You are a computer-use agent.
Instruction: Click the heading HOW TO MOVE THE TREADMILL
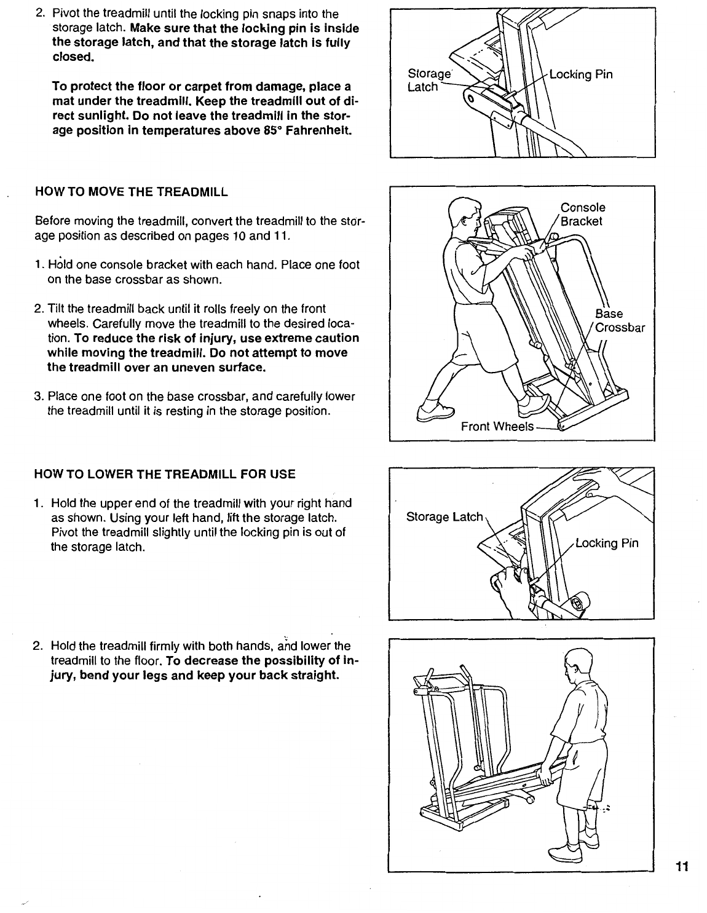pos(132,192)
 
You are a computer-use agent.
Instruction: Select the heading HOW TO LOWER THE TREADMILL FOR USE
pos(166,474)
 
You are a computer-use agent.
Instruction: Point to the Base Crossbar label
pos(618,320)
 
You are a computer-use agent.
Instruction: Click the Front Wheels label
pos(497,426)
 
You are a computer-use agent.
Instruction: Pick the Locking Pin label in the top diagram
pos(580,75)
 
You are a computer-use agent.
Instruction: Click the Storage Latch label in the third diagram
pos(445,517)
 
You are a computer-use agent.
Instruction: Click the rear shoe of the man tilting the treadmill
pos(435,411)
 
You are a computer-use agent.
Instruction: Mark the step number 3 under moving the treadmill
pos(38,397)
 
